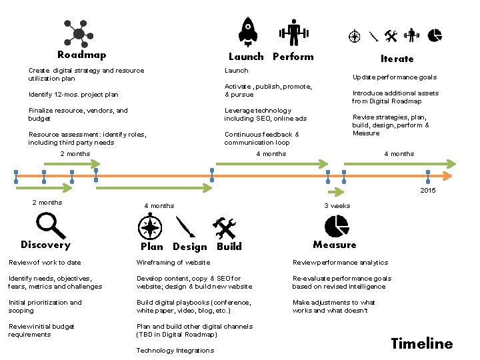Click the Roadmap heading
(x=81, y=55)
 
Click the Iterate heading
(x=397, y=59)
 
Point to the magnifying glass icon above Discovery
(x=49, y=225)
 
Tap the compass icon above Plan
(x=150, y=228)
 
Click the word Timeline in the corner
(x=421, y=344)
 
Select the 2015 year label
(x=428, y=191)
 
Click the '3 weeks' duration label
(x=337, y=206)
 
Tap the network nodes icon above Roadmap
(x=79, y=33)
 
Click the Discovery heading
(x=45, y=245)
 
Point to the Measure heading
(x=335, y=245)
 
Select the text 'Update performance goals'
(x=395, y=77)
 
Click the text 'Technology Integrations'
(x=175, y=351)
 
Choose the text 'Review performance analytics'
(x=340, y=263)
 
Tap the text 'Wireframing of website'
(x=173, y=263)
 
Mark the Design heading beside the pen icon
(x=190, y=247)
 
